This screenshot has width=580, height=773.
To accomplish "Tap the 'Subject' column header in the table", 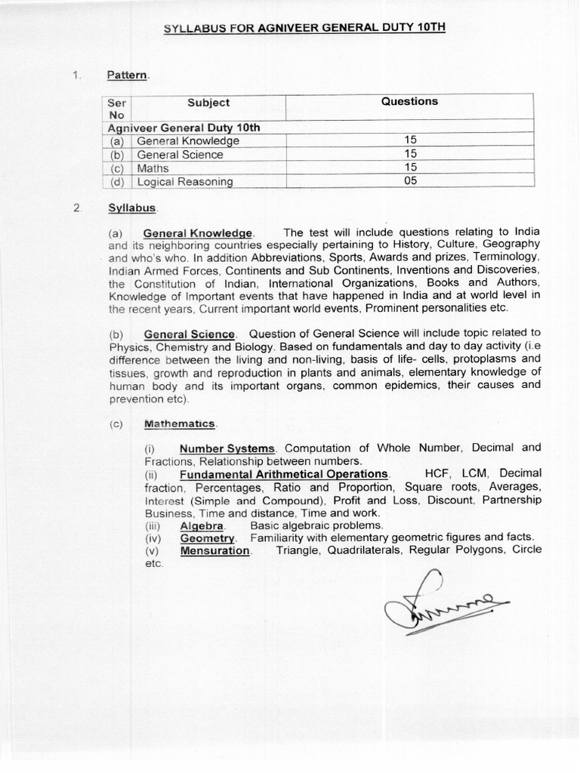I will click(208, 103).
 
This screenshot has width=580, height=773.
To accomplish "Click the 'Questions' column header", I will click(409, 102).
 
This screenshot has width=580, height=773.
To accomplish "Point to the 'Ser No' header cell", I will click(117, 109).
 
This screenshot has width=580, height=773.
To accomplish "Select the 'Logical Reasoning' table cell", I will click(185, 182).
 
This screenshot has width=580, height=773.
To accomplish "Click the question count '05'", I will click(410, 181).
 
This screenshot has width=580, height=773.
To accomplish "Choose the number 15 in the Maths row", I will click(410, 168).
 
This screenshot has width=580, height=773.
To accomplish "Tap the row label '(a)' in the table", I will click(117, 141).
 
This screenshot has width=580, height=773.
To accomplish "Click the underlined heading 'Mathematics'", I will click(180, 424).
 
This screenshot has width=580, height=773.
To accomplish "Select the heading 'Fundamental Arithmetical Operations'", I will click(283, 474).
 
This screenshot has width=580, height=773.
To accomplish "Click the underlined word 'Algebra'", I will click(202, 525).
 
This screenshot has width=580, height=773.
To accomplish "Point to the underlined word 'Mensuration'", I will click(214, 550).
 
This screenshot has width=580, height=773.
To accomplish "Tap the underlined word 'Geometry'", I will click(208, 537).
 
